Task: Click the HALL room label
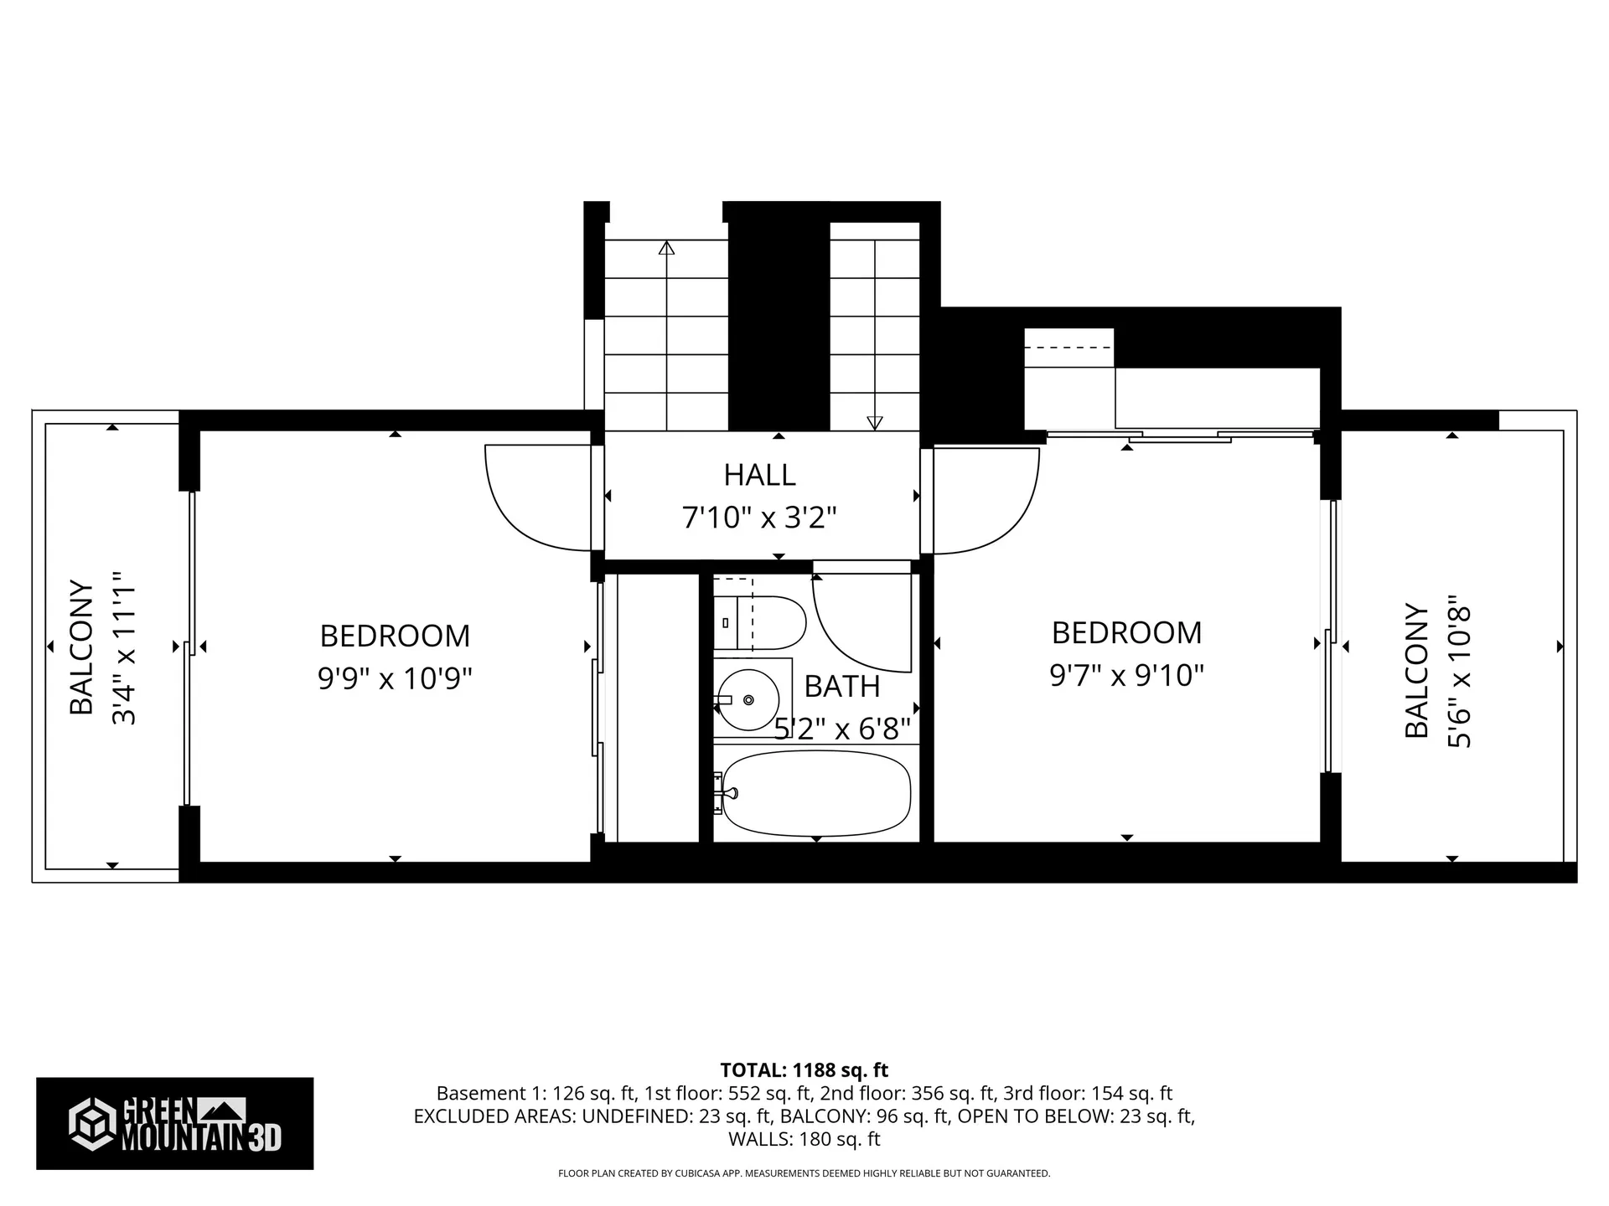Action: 759,475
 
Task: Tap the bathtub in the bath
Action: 816,792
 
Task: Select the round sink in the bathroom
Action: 748,699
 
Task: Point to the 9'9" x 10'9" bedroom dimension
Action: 395,678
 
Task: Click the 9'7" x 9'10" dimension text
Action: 1126,674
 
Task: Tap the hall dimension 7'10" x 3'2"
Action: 759,518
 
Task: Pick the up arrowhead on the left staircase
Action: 666,248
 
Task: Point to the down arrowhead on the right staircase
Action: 874,423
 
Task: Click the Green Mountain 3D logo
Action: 174,1123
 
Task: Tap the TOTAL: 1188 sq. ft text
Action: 804,1070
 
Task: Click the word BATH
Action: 842,687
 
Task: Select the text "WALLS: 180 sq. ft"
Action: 804,1139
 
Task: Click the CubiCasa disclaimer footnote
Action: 804,1173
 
